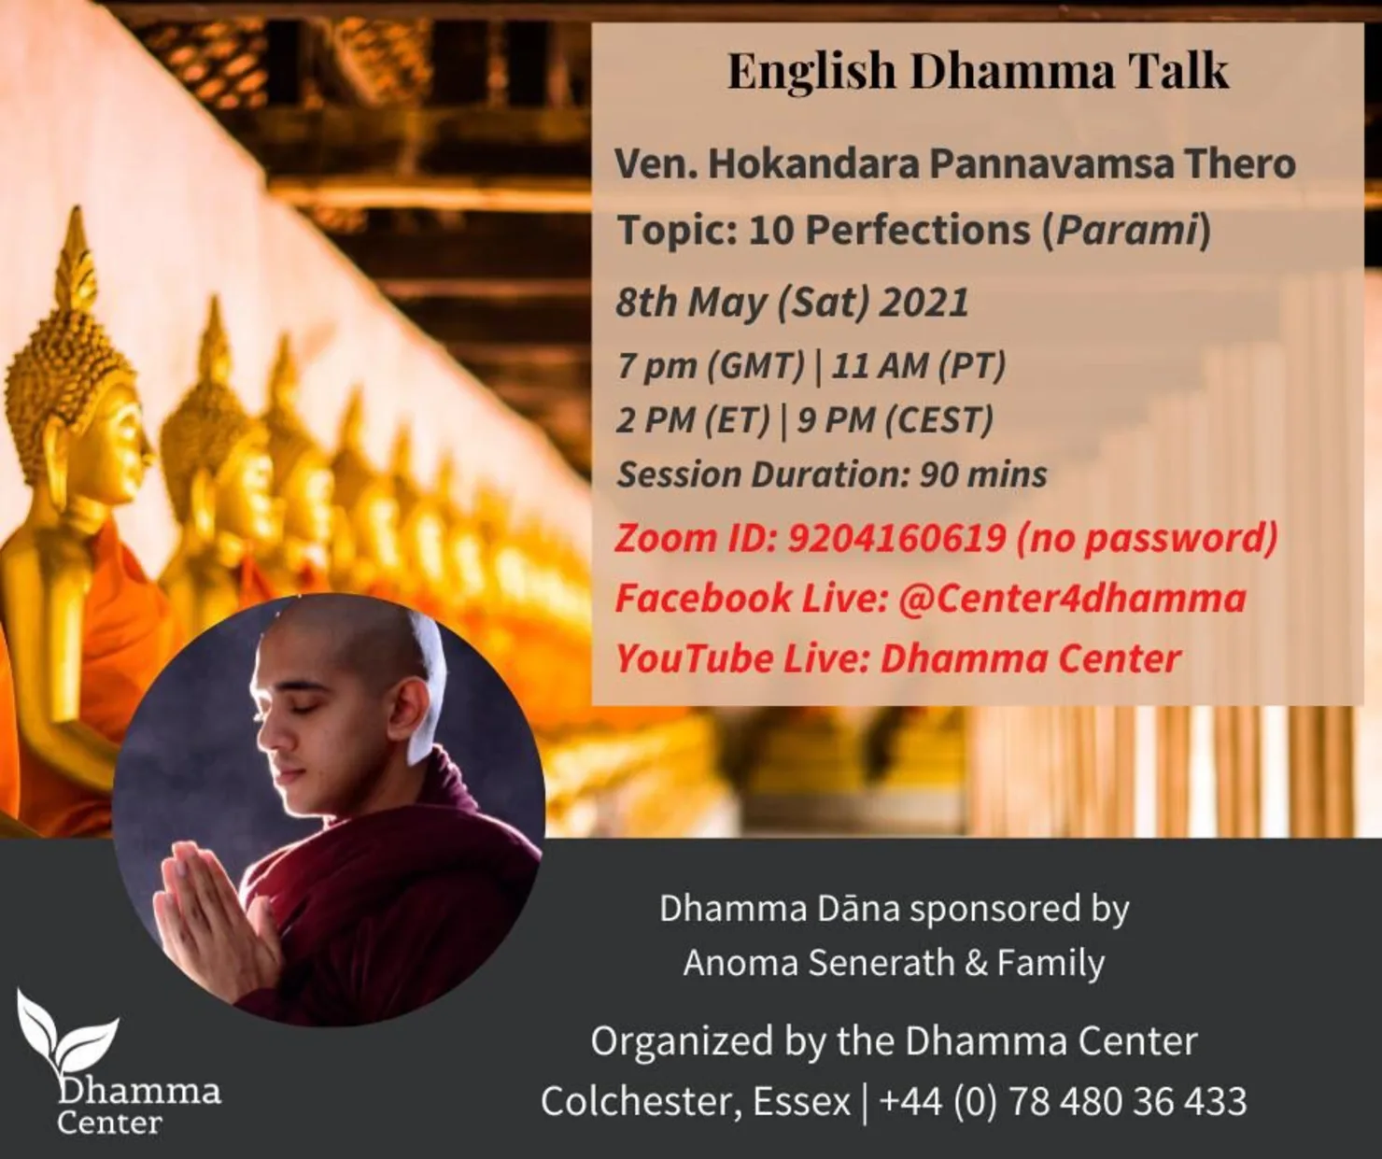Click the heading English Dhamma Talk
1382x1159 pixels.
978,72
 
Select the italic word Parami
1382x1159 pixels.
1127,230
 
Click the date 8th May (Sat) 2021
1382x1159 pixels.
792,302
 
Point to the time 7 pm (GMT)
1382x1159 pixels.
710,365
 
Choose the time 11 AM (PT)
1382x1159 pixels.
918,365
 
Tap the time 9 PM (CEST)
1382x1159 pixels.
895,420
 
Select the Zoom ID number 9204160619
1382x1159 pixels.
896,538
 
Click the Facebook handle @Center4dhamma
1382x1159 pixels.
1072,599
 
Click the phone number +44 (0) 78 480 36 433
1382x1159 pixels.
1063,1101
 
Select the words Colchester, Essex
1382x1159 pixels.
696,1101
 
